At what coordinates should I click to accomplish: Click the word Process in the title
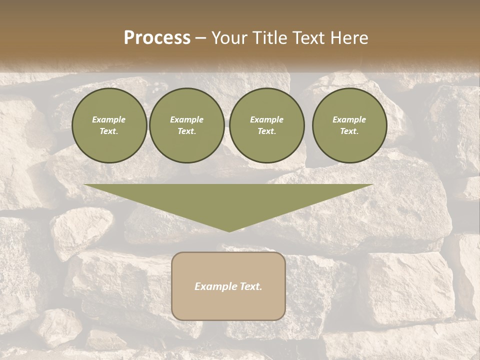[x=157, y=38]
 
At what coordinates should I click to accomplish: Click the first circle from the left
[x=109, y=125]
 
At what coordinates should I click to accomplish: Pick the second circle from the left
[x=187, y=125]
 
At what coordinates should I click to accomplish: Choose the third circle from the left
[x=266, y=125]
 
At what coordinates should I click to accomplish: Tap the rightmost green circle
[x=349, y=125]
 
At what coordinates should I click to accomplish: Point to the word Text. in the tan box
[x=251, y=286]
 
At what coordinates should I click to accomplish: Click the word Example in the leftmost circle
[x=109, y=119]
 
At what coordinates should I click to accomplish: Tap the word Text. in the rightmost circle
[x=349, y=131]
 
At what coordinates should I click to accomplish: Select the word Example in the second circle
[x=187, y=119]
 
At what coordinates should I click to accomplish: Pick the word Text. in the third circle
[x=266, y=131]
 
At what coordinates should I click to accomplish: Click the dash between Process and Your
[x=200, y=38]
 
